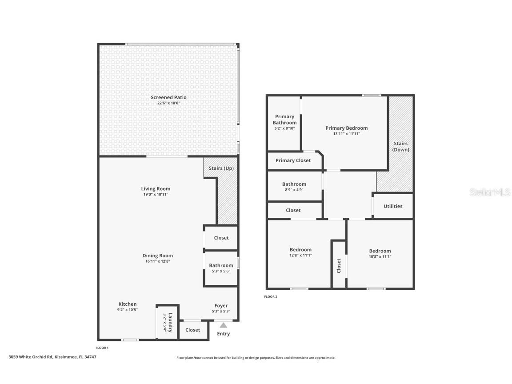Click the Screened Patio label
168,97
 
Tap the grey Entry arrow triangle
223,325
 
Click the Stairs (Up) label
221,168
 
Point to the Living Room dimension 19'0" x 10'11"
156,194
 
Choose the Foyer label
221,306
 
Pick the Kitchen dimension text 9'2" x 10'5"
127,310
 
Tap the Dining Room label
157,256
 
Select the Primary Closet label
293,160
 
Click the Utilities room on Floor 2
393,206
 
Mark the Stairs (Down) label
400,147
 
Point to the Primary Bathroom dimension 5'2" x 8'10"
284,128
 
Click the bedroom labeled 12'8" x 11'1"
300,252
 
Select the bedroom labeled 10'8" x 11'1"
380,254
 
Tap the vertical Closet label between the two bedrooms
339,265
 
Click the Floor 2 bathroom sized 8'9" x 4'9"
294,187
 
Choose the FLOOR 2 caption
270,297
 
